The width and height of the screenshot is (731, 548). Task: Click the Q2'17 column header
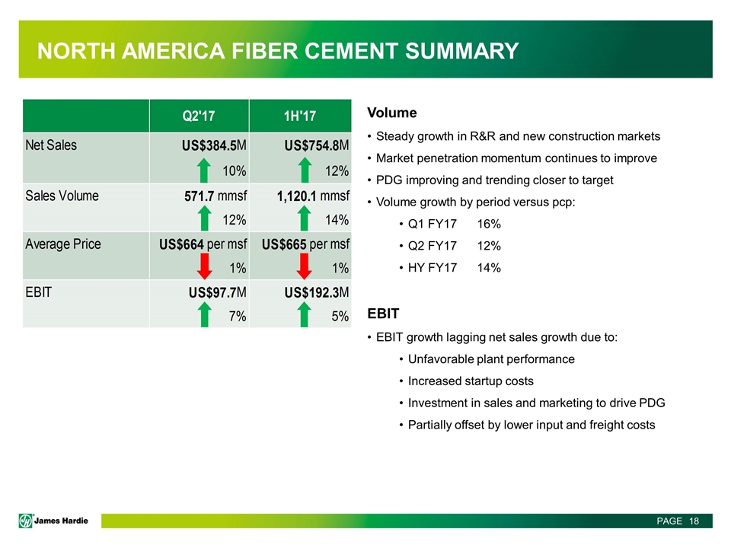(x=199, y=116)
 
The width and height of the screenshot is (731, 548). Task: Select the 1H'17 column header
(x=299, y=116)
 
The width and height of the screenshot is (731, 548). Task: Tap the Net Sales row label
(x=51, y=144)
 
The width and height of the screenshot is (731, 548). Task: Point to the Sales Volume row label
(x=62, y=196)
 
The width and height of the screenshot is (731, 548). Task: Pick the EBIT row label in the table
(x=38, y=293)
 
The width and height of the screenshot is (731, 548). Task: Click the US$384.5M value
(x=202, y=145)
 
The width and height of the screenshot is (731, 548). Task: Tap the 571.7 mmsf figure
(x=207, y=196)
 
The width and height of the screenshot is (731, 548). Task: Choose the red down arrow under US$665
(x=305, y=267)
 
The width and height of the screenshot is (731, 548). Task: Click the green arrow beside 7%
(x=205, y=315)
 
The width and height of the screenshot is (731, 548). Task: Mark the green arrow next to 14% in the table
(x=305, y=218)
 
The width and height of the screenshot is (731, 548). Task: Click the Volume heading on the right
(x=392, y=113)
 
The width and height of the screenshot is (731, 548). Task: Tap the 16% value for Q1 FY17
(x=489, y=225)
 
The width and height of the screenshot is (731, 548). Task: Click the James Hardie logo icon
(x=28, y=521)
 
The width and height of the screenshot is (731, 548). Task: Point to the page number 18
(x=693, y=521)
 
